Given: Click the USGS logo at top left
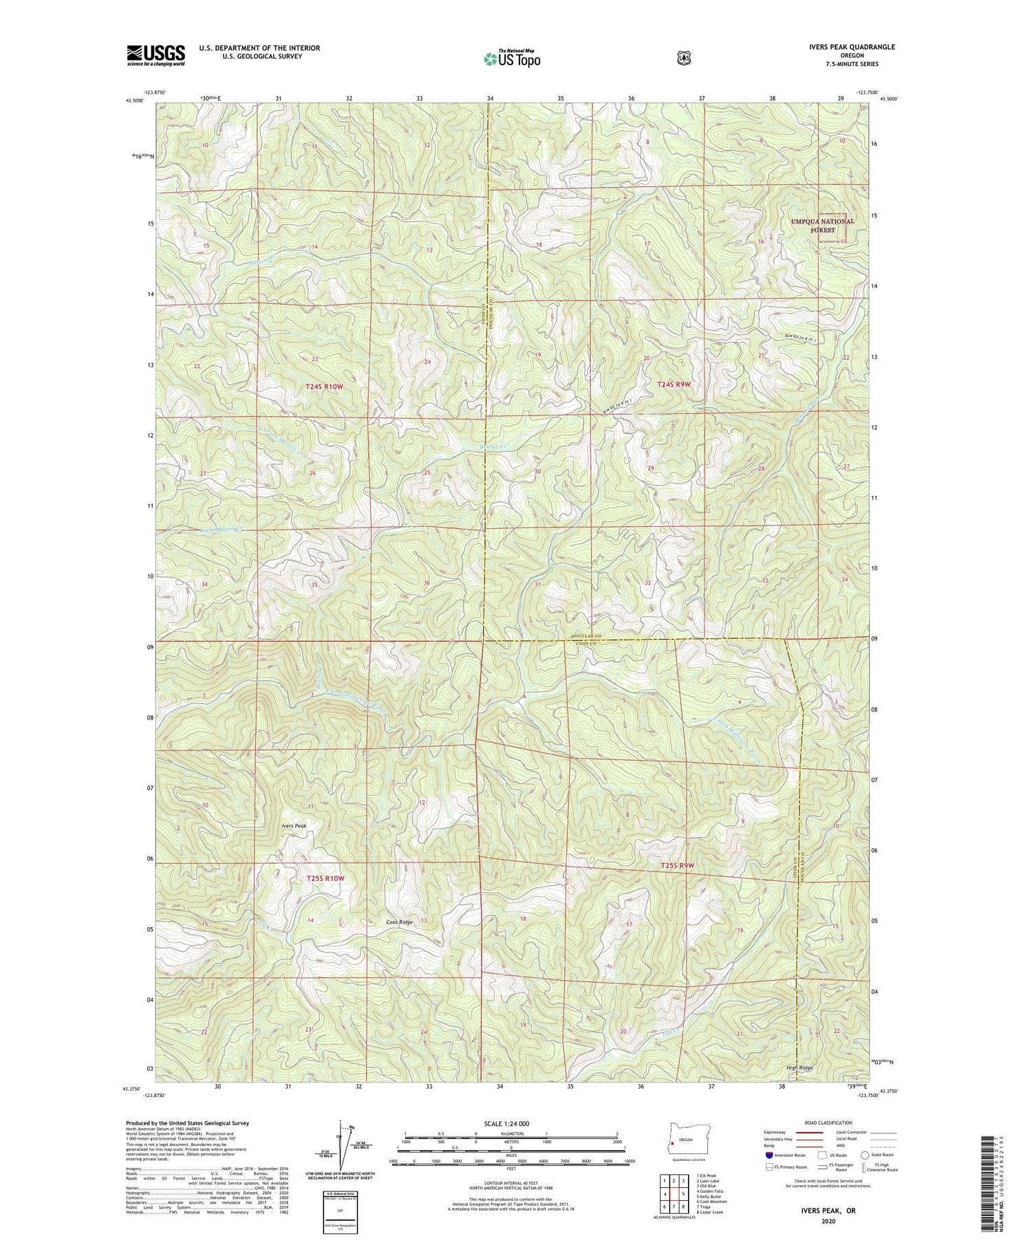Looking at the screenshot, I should pyautogui.click(x=155, y=56).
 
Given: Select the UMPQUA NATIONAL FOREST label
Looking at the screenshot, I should pyautogui.click(x=822, y=226).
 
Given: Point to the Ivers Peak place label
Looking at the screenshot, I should pyautogui.click(x=292, y=825).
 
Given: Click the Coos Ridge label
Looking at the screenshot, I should pyautogui.click(x=399, y=922).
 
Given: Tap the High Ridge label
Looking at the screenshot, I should pyautogui.click(x=799, y=1067).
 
